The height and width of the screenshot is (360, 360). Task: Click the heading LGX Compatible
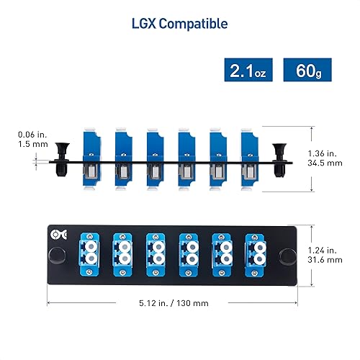(179, 24)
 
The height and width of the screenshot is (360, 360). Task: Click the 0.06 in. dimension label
(32, 133)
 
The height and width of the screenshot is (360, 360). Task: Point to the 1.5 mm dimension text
(32, 144)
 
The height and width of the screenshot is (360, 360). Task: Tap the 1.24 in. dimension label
(330, 251)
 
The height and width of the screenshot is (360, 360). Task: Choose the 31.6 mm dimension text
(330, 261)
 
